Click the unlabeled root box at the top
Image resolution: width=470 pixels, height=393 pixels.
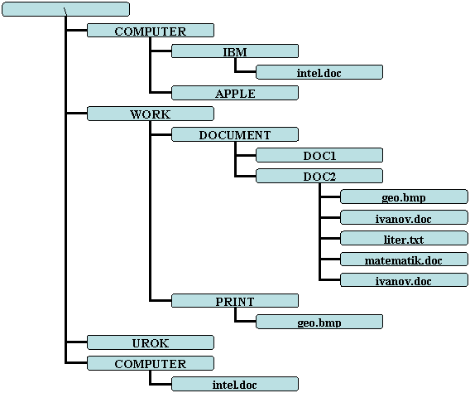pos(65,9)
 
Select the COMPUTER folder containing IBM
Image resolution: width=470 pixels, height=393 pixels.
pos(151,31)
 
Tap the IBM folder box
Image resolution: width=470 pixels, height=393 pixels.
pos(235,51)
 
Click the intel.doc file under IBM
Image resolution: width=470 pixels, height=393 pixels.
pos(319,72)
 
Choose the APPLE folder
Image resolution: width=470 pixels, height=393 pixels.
pos(235,93)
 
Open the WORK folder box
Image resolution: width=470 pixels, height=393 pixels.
pos(151,114)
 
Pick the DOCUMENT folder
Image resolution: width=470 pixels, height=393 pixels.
pos(235,134)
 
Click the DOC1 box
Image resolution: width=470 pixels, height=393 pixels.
pos(319,155)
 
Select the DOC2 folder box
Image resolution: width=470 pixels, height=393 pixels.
pos(319,176)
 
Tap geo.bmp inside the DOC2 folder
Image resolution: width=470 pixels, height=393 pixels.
pos(404,196)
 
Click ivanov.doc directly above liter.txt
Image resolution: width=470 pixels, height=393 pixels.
pos(404,217)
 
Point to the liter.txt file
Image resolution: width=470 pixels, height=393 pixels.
pos(404,238)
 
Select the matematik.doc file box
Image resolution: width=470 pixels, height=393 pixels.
pos(404,259)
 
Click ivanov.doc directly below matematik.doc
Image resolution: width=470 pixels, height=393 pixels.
pos(404,279)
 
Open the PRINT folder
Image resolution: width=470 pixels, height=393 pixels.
pos(235,300)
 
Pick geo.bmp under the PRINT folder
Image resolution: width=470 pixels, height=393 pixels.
pos(319,322)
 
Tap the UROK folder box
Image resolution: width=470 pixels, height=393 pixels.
pos(151,342)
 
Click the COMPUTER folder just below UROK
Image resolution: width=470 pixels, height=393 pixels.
pos(151,363)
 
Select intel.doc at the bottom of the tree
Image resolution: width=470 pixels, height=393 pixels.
pos(235,384)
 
